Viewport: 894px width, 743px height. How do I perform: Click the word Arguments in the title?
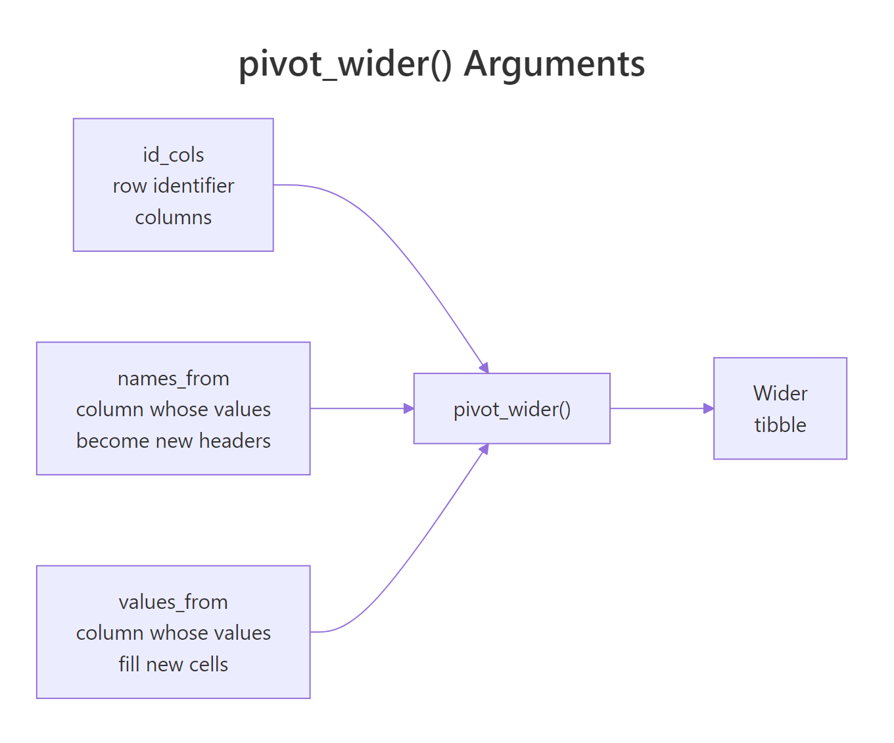pos(554,64)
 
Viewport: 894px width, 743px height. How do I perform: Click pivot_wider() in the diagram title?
pos(345,64)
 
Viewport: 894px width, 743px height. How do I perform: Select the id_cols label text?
pos(174,155)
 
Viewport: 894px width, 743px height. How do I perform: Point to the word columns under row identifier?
pos(174,218)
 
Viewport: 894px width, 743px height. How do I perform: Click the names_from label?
pos(174,379)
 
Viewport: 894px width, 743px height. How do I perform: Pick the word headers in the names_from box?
pos(235,441)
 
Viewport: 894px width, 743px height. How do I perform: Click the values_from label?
pos(174,602)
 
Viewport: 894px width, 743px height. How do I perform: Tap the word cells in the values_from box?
pos(208,665)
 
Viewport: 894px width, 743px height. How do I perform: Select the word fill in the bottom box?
pos(129,665)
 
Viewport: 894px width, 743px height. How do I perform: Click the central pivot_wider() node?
pos(512,410)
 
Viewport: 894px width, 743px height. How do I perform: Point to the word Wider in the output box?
pos(780,393)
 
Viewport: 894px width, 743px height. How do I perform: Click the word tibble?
pos(780,425)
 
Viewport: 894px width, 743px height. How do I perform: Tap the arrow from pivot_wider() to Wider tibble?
pos(657,408)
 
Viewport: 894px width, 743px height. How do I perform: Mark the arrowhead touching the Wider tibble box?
pos(709,408)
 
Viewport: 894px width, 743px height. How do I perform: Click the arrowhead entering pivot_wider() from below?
pos(484,450)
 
